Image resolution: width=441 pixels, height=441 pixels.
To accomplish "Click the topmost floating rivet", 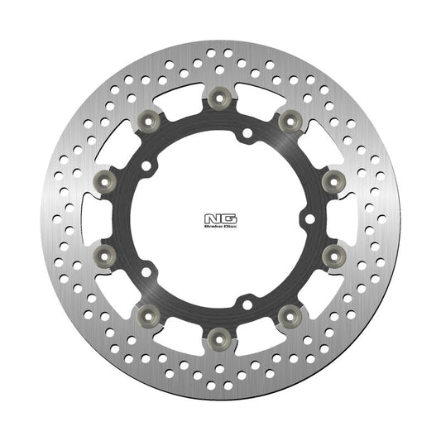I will tap(219, 98).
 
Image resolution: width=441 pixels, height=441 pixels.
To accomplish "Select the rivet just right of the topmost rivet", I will tap(289, 121).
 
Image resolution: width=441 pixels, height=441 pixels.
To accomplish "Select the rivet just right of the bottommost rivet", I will tap(289, 314).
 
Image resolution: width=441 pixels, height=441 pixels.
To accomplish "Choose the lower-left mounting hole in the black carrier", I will tap(146, 271).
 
